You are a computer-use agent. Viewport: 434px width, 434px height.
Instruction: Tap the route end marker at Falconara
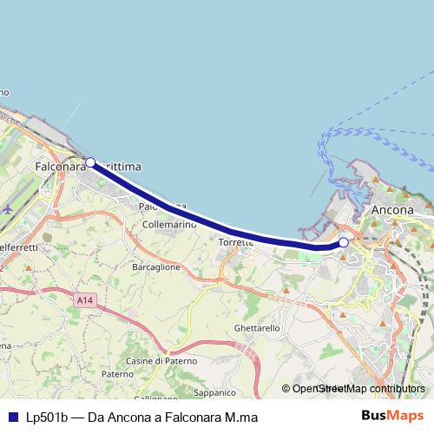90,162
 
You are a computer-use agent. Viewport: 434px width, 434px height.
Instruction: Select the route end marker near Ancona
344,242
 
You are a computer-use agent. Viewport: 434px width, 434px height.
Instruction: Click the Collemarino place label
168,224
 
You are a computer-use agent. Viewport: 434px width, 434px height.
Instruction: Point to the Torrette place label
236,242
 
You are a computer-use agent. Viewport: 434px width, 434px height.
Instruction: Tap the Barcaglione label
156,267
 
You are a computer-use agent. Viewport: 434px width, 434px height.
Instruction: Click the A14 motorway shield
84,300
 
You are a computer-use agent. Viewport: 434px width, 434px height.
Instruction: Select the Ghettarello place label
257,329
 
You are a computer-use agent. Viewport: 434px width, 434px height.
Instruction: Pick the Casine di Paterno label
161,360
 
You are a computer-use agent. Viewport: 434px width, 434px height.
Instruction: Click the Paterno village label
116,374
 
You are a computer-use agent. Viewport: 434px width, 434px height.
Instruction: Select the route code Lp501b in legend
46,418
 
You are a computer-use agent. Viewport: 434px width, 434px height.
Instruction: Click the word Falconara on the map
59,165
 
